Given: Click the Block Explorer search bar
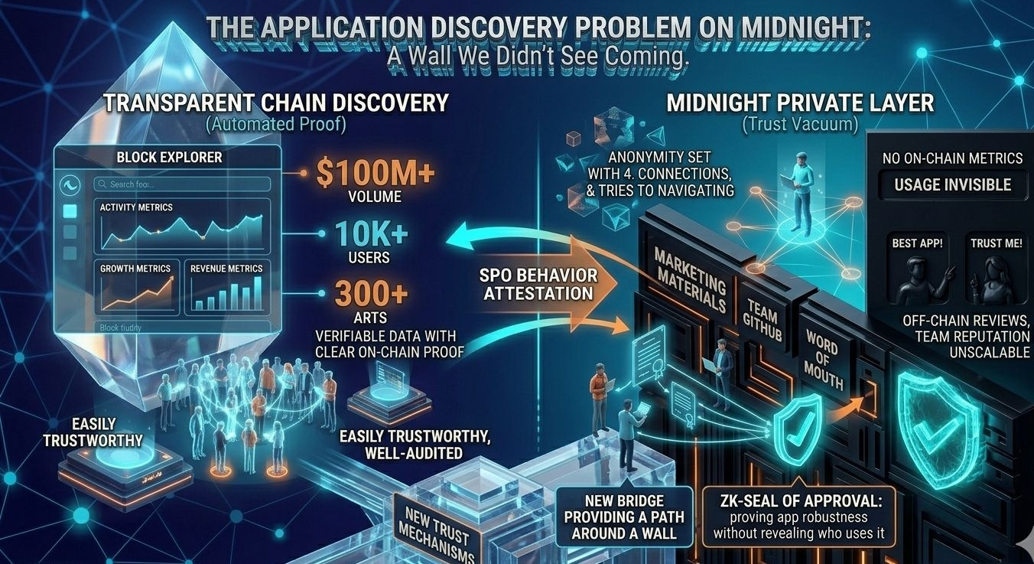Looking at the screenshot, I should click(x=181, y=184).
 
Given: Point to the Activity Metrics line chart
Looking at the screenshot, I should click(x=181, y=227).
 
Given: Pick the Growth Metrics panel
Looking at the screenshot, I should click(x=137, y=288).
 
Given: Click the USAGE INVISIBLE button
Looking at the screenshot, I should click(x=947, y=184).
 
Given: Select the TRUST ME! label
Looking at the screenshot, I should click(x=996, y=243).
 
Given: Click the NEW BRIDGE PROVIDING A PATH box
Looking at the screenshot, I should click(x=624, y=514).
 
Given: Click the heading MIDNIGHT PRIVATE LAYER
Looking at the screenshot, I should click(x=800, y=103).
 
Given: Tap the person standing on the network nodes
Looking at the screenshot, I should click(x=800, y=191).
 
